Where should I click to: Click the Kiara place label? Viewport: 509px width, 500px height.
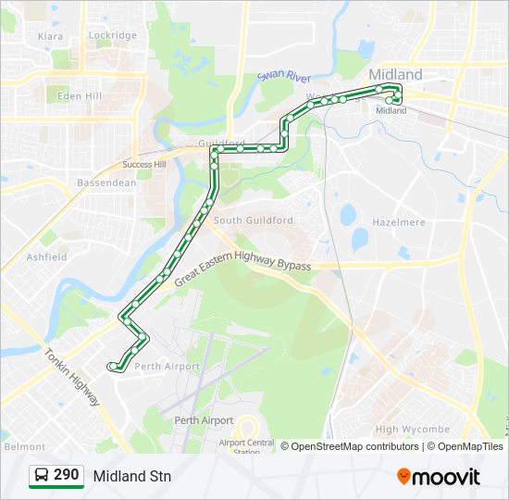pos(51,36)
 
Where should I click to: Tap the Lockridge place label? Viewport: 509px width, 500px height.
pos(112,35)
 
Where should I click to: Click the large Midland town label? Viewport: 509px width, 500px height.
pos(395,74)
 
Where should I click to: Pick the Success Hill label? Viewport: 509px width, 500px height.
pos(143,165)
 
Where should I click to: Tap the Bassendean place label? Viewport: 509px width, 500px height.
pos(106,182)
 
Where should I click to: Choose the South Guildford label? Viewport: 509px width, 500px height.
pos(253,220)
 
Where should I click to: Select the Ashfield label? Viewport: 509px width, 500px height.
pos(47,256)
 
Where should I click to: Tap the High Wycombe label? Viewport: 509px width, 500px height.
pos(412,429)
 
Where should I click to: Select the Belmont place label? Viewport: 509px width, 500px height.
pos(25,446)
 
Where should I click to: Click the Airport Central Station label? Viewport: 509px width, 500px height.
pos(246,446)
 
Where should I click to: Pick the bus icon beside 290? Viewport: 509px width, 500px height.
pos(42,476)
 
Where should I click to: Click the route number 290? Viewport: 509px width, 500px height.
pos(66,475)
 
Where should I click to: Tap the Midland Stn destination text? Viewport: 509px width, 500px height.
pos(131,476)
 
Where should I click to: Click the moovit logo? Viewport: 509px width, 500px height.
pos(439,476)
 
